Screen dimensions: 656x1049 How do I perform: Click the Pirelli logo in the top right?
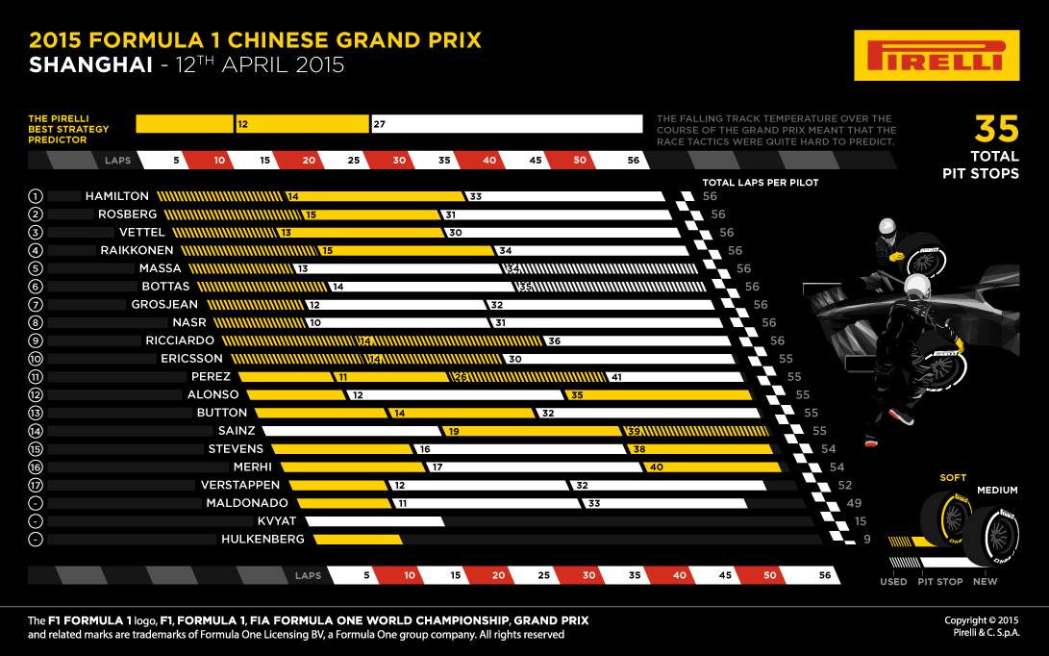[936, 55]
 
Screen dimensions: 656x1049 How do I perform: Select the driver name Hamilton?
[116, 196]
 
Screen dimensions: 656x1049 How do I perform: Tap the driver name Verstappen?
[240, 485]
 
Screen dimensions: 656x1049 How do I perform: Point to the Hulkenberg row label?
[262, 540]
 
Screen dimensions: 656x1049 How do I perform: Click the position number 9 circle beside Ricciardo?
[36, 341]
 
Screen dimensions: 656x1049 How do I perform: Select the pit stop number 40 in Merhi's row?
[657, 467]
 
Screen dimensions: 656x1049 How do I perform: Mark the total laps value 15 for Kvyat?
[861, 521]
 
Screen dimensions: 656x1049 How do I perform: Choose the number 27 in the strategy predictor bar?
[380, 124]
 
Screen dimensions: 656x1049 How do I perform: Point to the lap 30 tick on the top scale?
[399, 161]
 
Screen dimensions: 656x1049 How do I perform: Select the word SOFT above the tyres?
[954, 477]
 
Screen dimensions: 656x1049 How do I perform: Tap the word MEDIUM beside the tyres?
[997, 490]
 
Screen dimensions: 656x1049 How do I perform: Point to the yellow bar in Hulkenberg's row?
[356, 540]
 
